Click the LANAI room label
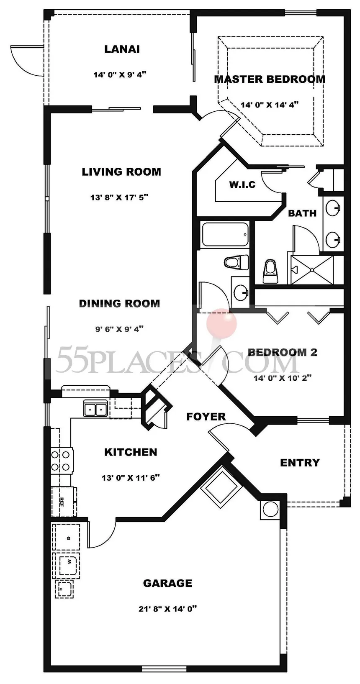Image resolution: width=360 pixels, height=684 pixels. (122, 49)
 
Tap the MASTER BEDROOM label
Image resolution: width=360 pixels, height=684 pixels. (270, 79)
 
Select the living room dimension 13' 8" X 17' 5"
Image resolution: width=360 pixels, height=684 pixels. (119, 197)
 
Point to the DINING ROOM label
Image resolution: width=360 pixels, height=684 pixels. (119, 303)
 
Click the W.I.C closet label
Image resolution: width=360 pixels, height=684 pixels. (242, 184)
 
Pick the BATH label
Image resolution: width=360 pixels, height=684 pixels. (302, 213)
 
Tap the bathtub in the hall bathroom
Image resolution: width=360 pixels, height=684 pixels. (225, 235)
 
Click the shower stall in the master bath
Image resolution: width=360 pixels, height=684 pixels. (312, 270)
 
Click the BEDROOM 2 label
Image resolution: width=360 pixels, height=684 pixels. (283, 352)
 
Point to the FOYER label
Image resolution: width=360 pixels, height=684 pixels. (206, 417)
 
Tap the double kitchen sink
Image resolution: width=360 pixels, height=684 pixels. (95, 409)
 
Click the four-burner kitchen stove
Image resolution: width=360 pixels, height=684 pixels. (62, 461)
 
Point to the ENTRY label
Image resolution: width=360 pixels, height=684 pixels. (300, 463)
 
